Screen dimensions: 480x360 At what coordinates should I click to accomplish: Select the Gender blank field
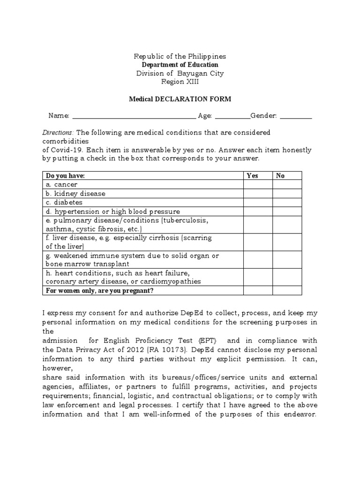click(x=296, y=115)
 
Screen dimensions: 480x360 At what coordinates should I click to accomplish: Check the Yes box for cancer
click(x=258, y=185)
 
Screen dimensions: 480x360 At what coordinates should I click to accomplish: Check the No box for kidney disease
click(x=287, y=194)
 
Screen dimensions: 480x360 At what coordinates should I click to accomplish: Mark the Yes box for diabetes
click(x=258, y=202)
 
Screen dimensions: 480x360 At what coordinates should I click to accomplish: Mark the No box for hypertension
click(x=287, y=211)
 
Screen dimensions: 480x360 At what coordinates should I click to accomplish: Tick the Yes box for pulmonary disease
click(x=258, y=225)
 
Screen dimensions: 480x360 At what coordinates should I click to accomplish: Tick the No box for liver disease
click(x=287, y=242)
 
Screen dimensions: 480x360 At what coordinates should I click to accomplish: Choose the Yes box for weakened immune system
click(x=258, y=260)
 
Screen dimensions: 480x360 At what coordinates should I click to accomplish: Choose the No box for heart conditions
click(x=287, y=277)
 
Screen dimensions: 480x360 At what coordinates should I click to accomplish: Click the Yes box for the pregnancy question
click(x=258, y=291)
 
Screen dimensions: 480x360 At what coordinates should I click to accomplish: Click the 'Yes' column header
click(x=253, y=176)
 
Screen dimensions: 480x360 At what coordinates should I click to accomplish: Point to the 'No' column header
click(x=280, y=176)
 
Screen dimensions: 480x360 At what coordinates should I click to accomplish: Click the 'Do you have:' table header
click(x=66, y=176)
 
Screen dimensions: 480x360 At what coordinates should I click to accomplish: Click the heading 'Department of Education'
click(x=180, y=65)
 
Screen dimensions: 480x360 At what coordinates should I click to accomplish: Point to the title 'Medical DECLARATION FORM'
click(x=180, y=99)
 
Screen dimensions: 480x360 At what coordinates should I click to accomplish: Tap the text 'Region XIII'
click(x=180, y=82)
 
